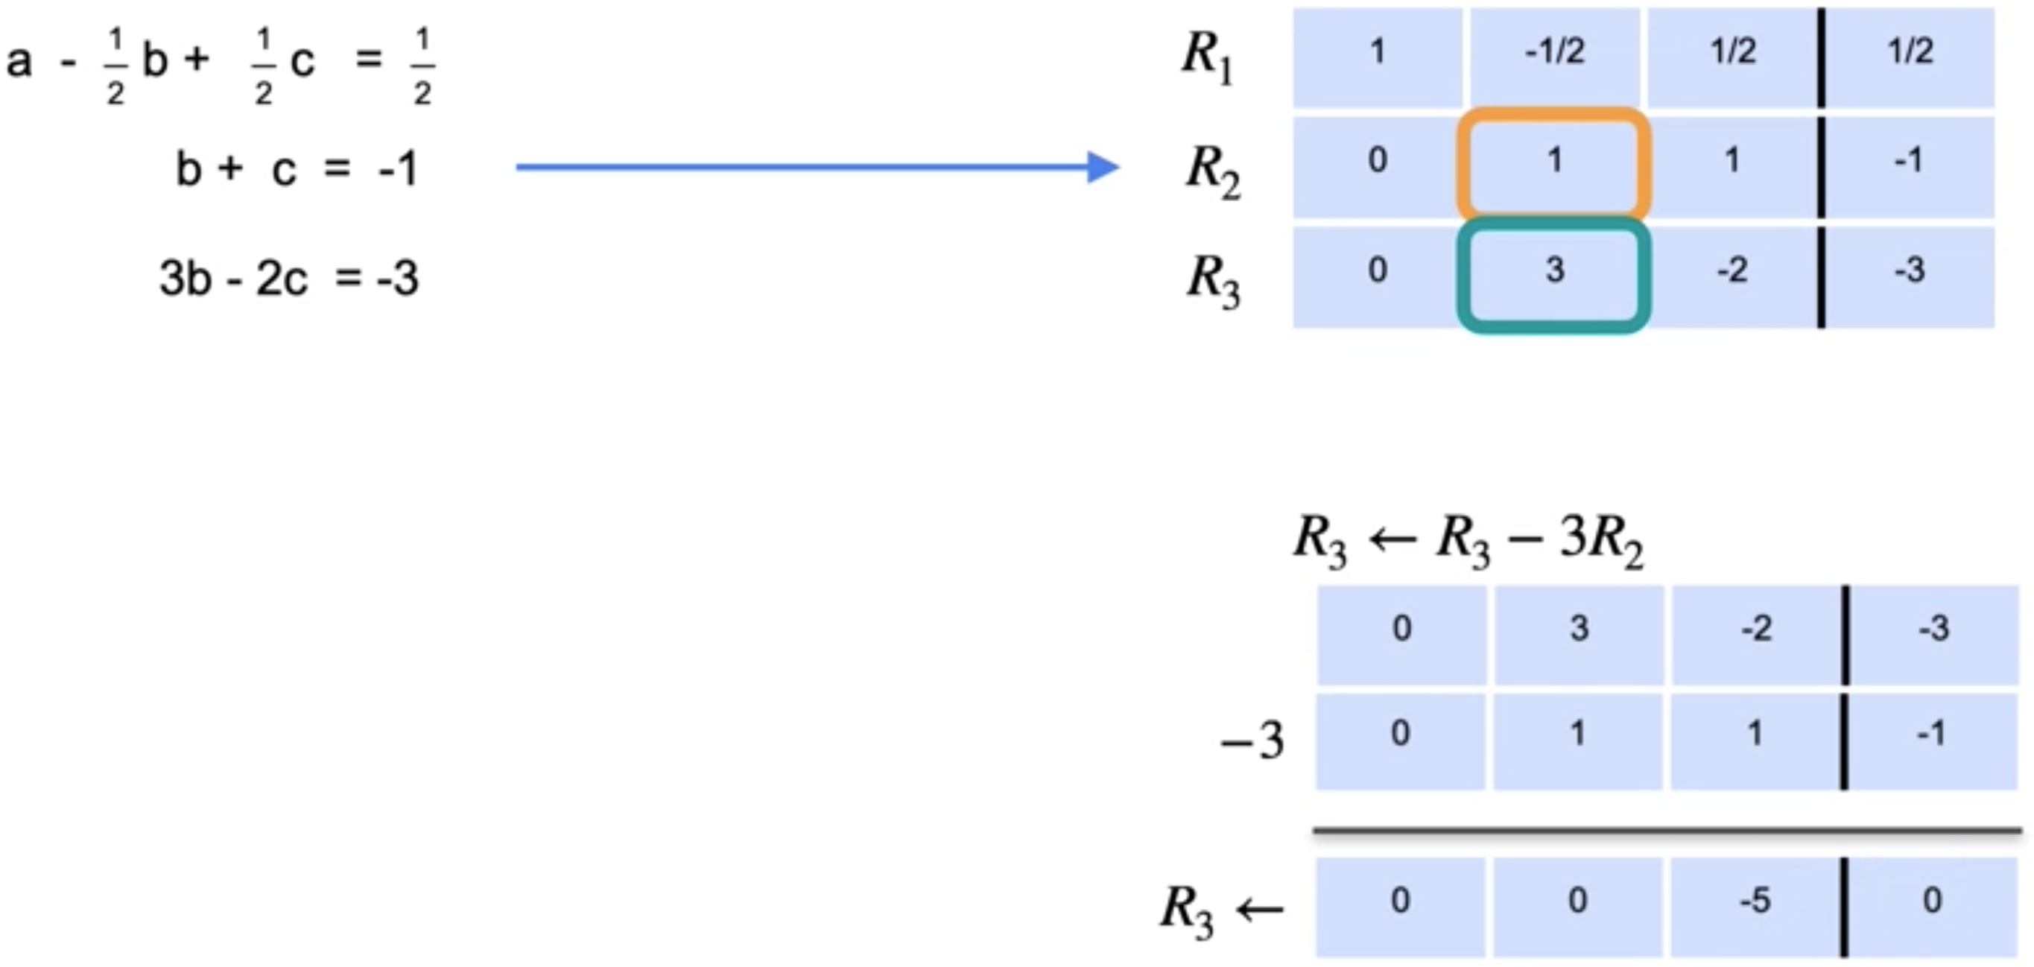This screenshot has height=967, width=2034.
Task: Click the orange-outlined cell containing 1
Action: coord(1554,162)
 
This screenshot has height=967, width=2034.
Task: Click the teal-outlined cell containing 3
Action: coord(1554,273)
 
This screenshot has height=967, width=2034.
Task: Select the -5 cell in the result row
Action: coord(1755,901)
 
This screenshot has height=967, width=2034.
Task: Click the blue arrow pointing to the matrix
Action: coord(817,167)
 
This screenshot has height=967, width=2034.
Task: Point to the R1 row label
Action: coord(1206,57)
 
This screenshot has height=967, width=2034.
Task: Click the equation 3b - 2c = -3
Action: coord(288,279)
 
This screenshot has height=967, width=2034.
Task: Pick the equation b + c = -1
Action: coord(296,169)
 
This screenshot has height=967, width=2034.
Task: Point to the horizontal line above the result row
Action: coord(1666,831)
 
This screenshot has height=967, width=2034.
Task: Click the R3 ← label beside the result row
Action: coord(1220,908)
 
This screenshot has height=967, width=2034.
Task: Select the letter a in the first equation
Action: coord(19,60)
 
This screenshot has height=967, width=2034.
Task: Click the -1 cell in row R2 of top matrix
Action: coord(1910,162)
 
